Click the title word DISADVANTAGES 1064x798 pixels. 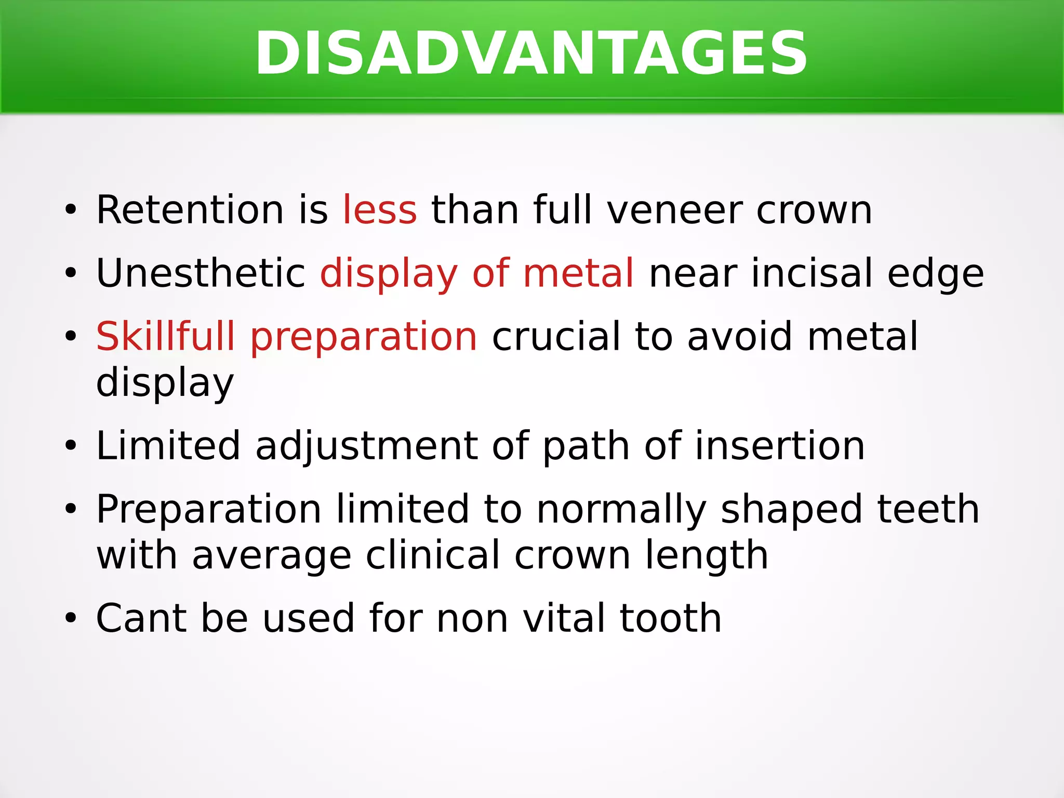point(531,54)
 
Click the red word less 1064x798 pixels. point(380,210)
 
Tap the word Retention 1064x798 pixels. point(190,210)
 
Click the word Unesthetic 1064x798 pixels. point(201,273)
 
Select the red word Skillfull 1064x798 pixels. point(166,336)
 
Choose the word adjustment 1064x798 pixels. point(366,447)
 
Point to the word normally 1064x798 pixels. point(621,510)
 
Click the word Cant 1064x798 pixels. point(141,618)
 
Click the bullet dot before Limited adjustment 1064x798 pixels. point(71,447)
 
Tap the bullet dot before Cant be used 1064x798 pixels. point(71,619)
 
